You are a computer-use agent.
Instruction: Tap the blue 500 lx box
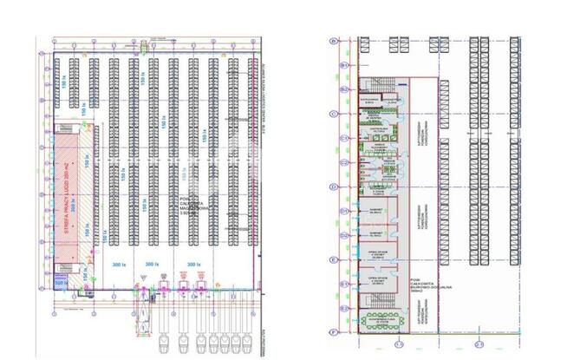pyautogui.click(x=61, y=282)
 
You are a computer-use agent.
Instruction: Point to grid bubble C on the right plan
pyautogui.click(x=344, y=114)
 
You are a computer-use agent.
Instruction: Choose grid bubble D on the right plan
pyautogui.click(x=344, y=187)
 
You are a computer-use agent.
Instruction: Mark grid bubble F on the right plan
pyautogui.click(x=344, y=332)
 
